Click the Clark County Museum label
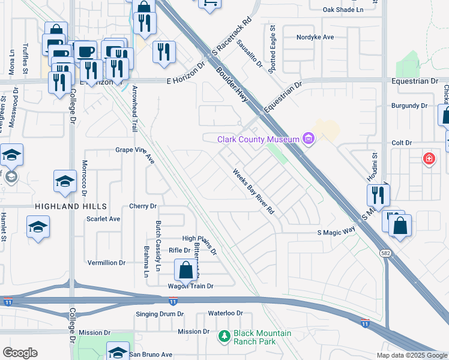pos(258,139)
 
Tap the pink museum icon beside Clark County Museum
pos(309,139)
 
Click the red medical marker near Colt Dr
pos(429,158)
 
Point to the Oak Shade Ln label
pos(343,10)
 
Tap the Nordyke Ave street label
pos(315,37)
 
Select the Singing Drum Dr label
pos(160,314)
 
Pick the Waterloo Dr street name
pos(225,313)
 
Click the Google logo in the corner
pos(20,353)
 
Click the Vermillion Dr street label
pos(106,263)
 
